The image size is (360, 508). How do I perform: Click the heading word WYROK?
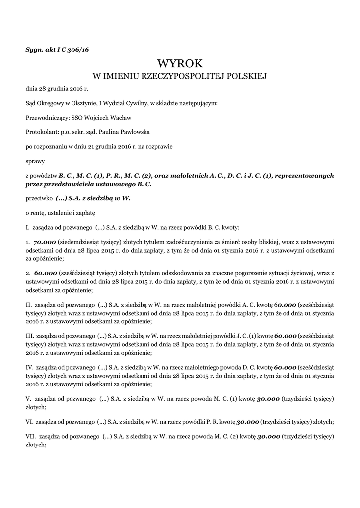(x=180, y=63)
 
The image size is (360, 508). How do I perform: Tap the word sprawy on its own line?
(x=35, y=161)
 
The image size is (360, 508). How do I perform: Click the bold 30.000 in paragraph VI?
(x=248, y=422)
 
